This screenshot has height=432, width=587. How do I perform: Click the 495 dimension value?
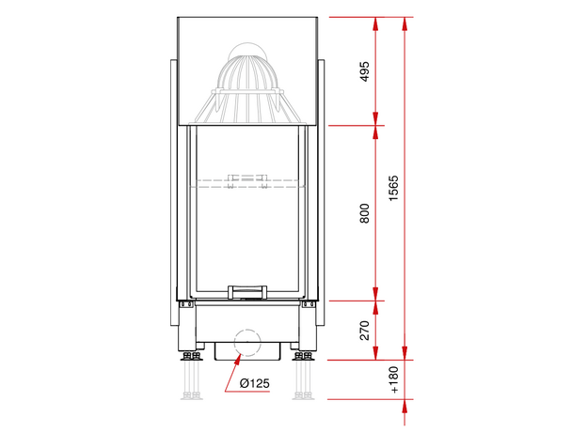364,71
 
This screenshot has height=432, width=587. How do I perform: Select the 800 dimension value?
364,213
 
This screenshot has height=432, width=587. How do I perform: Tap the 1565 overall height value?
393,189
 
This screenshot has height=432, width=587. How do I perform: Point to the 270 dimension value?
364,331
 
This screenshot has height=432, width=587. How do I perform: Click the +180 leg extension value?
393,379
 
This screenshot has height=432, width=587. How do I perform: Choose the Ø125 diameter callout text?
255,383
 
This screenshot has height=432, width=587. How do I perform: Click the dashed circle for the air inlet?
247,343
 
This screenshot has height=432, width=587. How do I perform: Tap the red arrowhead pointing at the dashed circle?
238,359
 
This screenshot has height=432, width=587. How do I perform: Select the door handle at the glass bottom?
247,292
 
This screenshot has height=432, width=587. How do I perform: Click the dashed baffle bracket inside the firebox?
247,181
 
